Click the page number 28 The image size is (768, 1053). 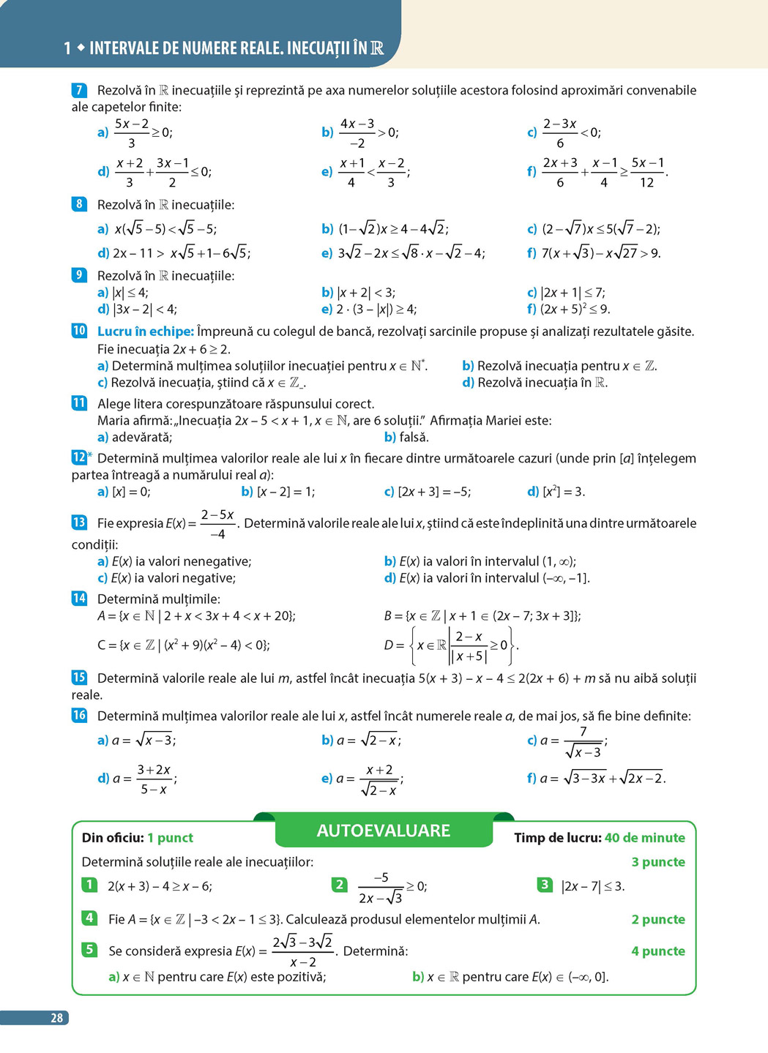(56, 1018)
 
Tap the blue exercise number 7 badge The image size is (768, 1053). (79, 90)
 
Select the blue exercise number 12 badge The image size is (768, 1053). (79, 457)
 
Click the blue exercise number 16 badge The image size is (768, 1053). (79, 715)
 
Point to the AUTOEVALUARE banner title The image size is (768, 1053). (383, 831)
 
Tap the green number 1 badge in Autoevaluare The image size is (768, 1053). (89, 885)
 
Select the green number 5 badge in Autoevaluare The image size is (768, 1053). (89, 949)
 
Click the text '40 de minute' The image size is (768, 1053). (645, 838)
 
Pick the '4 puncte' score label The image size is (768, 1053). (658, 951)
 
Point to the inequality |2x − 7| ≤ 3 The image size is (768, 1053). (592, 886)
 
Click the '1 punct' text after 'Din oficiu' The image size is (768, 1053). (170, 838)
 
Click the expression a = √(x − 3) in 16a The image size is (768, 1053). (143, 741)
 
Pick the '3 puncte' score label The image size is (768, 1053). (658, 862)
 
